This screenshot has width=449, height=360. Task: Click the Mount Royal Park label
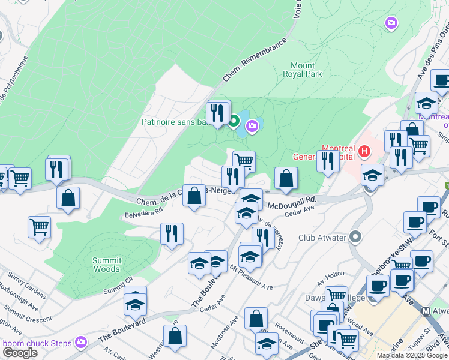[302, 70]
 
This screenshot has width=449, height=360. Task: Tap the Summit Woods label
[107, 265]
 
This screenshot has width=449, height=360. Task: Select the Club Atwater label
[322, 238]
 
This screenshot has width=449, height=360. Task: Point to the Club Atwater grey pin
[355, 237]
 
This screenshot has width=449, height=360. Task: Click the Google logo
[19, 353]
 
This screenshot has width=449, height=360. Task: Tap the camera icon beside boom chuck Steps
[81, 343]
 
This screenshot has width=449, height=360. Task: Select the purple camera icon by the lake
[253, 125]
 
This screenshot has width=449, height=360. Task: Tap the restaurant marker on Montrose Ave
[262, 236]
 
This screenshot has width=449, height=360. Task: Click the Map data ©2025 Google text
[412, 355]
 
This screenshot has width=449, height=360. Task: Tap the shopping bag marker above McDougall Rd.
[286, 178]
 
